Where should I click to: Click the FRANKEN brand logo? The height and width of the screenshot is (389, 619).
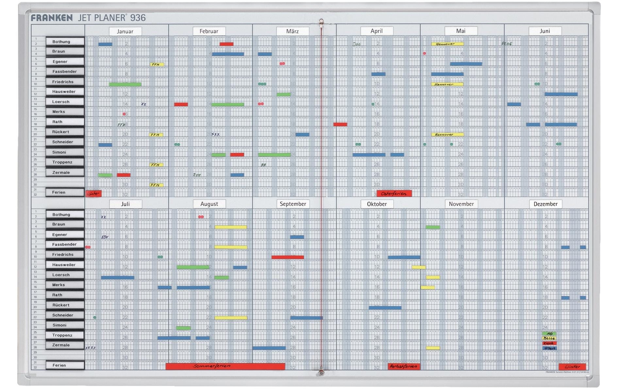tap(52, 18)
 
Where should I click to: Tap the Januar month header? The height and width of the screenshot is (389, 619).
tap(125, 31)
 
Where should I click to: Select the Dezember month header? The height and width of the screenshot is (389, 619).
tap(545, 204)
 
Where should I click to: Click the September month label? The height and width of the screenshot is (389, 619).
tap(293, 204)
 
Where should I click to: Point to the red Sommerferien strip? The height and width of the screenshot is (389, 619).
tap(225, 366)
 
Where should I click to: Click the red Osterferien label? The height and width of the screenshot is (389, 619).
tap(394, 194)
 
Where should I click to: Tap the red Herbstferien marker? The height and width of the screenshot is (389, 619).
tap(404, 366)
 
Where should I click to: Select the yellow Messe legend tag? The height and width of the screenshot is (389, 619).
tap(549, 338)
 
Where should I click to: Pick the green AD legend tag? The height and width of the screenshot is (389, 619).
tap(549, 334)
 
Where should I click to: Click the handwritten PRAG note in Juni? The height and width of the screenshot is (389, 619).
tap(507, 43)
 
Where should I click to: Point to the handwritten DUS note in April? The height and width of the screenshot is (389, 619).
tap(357, 44)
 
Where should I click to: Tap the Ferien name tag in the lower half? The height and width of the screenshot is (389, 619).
tap(65, 365)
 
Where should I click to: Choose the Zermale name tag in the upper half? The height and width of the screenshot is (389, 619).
tap(65, 172)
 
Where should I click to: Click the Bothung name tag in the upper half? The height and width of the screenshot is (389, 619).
tap(65, 41)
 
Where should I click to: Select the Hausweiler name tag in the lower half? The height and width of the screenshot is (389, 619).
tap(65, 265)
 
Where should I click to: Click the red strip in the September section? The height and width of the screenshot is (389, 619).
tap(288, 257)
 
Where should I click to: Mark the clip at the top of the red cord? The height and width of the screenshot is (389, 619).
tap(321, 22)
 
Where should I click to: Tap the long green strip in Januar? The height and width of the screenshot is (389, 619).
tap(125, 84)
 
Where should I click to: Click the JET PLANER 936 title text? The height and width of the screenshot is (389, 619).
tap(111, 18)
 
